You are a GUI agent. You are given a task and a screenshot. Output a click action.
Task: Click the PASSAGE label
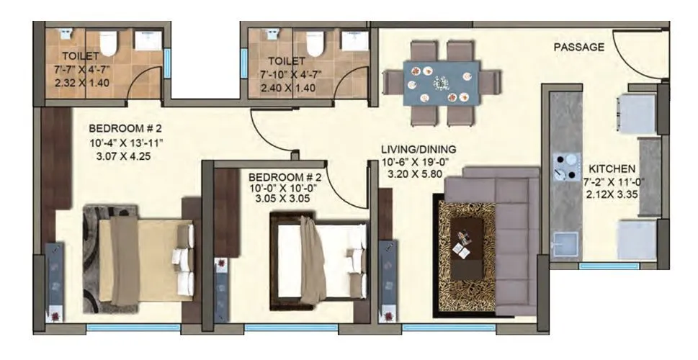point(578,48)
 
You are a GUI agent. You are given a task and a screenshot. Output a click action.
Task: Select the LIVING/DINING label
point(419,149)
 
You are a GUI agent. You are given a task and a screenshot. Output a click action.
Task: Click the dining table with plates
point(440,83)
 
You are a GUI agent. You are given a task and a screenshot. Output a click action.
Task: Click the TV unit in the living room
point(388,277)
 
